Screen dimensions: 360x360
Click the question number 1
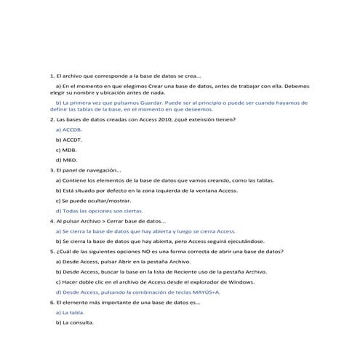[x=51, y=76]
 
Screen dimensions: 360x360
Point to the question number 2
[x=51, y=119]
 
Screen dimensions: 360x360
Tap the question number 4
[x=51, y=220]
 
